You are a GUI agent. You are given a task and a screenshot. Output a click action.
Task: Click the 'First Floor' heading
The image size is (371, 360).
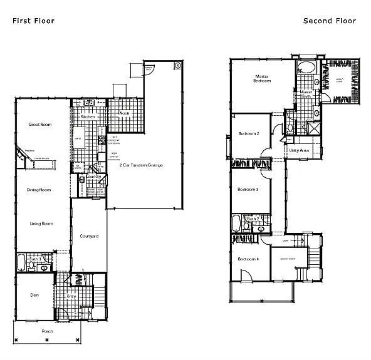33,21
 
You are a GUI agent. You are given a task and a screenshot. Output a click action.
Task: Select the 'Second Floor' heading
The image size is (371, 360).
330,21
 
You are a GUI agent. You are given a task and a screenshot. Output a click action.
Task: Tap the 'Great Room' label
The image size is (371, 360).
40,125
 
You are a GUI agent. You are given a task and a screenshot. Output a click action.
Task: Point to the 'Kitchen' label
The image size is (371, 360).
87,117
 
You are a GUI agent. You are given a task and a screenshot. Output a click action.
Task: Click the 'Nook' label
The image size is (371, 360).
124,113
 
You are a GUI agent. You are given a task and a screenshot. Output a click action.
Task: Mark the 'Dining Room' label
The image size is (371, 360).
38,190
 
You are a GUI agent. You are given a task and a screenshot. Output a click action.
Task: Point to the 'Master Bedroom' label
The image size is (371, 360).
261,78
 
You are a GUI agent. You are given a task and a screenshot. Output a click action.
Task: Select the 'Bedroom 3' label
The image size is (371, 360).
249,189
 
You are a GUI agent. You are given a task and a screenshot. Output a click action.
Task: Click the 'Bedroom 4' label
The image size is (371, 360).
249,259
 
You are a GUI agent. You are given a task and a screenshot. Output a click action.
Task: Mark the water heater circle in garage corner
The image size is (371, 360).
178,65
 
